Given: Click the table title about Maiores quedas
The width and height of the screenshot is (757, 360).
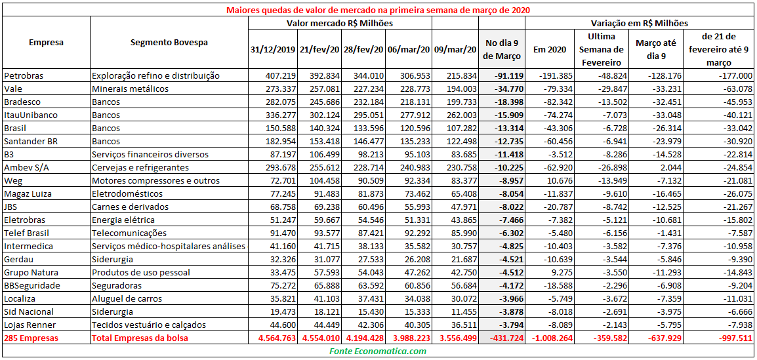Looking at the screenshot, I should [x=377, y=10].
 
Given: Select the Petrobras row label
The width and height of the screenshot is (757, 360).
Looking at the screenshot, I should [x=24, y=75].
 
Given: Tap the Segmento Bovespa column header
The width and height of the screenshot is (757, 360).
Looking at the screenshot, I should [x=169, y=42].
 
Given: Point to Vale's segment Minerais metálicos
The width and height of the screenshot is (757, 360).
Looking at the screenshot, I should [x=130, y=89].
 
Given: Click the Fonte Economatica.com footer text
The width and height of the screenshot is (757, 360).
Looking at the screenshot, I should [x=377, y=351].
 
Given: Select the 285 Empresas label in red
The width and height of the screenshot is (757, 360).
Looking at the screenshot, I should [x=31, y=338].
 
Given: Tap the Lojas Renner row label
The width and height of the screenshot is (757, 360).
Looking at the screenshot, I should [x=30, y=325].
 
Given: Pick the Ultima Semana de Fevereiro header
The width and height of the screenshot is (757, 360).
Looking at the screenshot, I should [x=605, y=49].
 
